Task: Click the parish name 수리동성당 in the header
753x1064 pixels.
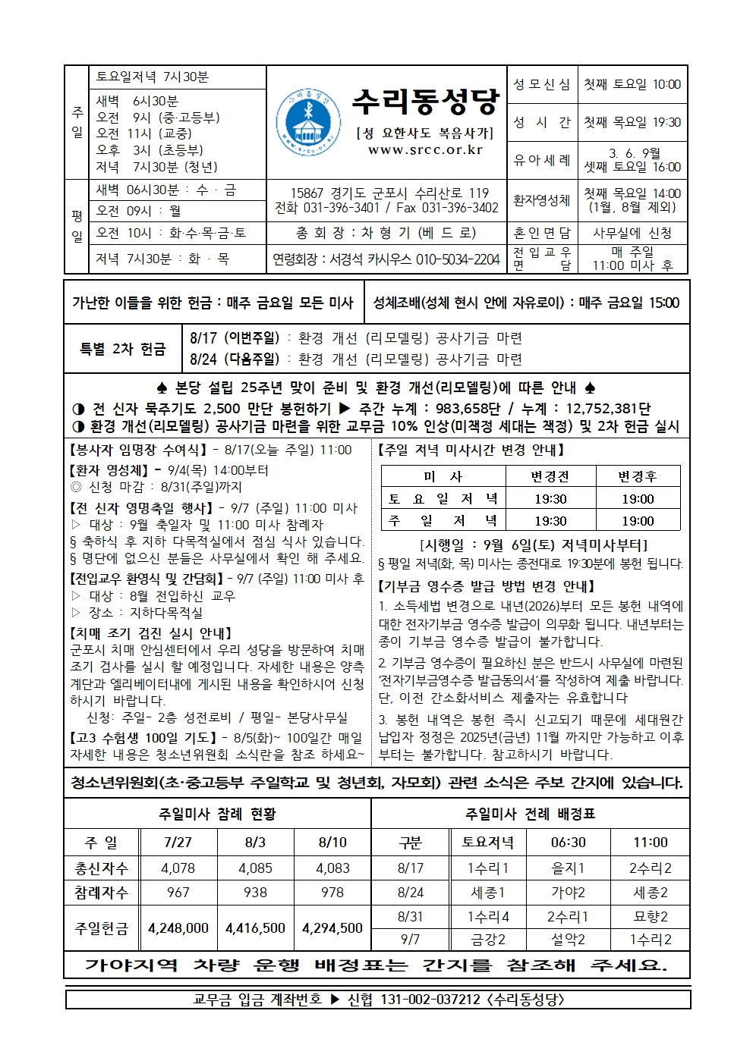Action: coord(426,101)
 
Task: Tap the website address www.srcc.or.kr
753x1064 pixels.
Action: coord(425,150)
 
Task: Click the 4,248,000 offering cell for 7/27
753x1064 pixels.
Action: coord(178,927)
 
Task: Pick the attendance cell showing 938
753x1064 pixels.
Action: coord(255,893)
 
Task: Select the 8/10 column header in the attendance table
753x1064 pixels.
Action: coord(332,843)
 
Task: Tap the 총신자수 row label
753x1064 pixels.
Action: coord(101,868)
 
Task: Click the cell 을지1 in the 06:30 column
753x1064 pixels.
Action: coord(568,868)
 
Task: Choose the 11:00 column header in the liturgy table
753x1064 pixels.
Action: coord(650,843)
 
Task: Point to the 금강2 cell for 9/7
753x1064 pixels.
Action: coord(488,940)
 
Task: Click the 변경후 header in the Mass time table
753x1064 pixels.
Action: coord(637,477)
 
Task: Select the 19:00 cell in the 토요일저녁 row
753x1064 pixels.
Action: coord(637,499)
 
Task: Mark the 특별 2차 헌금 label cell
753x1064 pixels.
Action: coord(122,349)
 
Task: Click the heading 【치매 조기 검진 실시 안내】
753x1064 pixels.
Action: coord(151,632)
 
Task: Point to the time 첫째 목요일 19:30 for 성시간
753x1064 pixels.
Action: coord(632,122)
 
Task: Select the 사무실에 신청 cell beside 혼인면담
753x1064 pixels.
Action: coord(632,234)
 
